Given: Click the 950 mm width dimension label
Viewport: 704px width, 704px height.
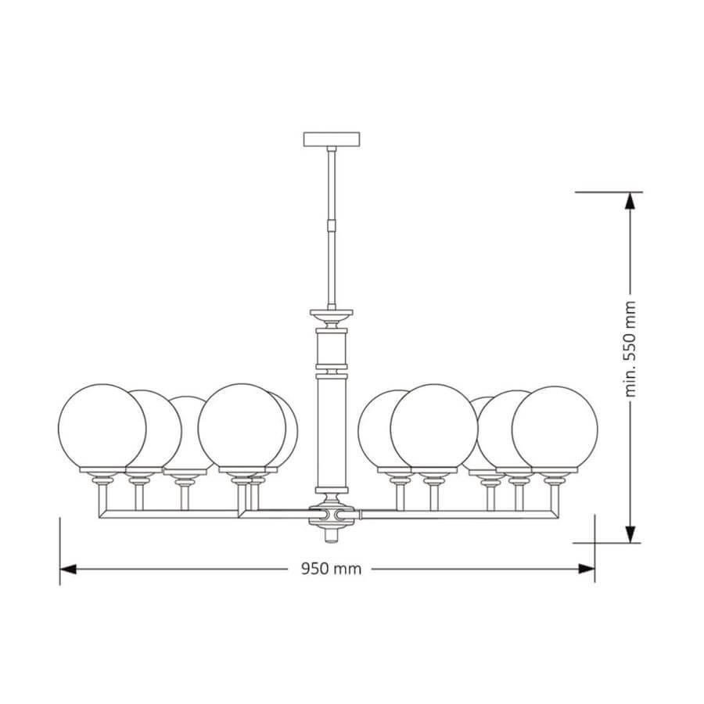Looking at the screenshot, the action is [x=331, y=569].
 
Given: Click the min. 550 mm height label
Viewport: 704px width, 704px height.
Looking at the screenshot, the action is [x=630, y=349].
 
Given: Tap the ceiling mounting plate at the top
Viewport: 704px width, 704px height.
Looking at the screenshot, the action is [x=332, y=139].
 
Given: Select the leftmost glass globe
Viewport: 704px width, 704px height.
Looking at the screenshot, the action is [x=102, y=427].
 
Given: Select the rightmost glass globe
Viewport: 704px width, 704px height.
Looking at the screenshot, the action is [x=555, y=429].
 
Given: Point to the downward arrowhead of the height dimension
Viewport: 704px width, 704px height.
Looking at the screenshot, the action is [x=630, y=534].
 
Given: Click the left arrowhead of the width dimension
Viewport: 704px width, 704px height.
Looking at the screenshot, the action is [x=68, y=569].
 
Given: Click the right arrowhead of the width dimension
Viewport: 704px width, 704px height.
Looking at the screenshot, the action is [x=587, y=569].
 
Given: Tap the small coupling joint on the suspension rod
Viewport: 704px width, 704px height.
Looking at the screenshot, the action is [x=332, y=224].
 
